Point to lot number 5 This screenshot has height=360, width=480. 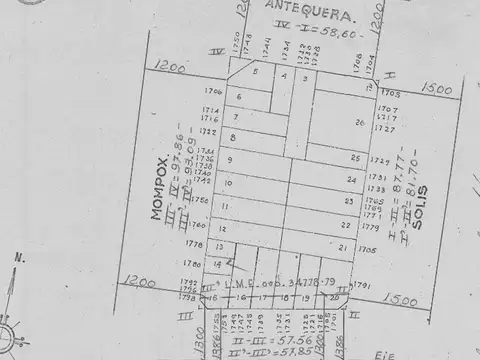click(x=255, y=71)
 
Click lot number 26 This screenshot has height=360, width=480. click(x=358, y=122)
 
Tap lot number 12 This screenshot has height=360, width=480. click(x=221, y=229)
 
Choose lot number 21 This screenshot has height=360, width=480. click(x=342, y=247)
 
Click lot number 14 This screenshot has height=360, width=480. click(x=217, y=264)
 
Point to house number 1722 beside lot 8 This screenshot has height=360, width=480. click(x=208, y=131)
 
